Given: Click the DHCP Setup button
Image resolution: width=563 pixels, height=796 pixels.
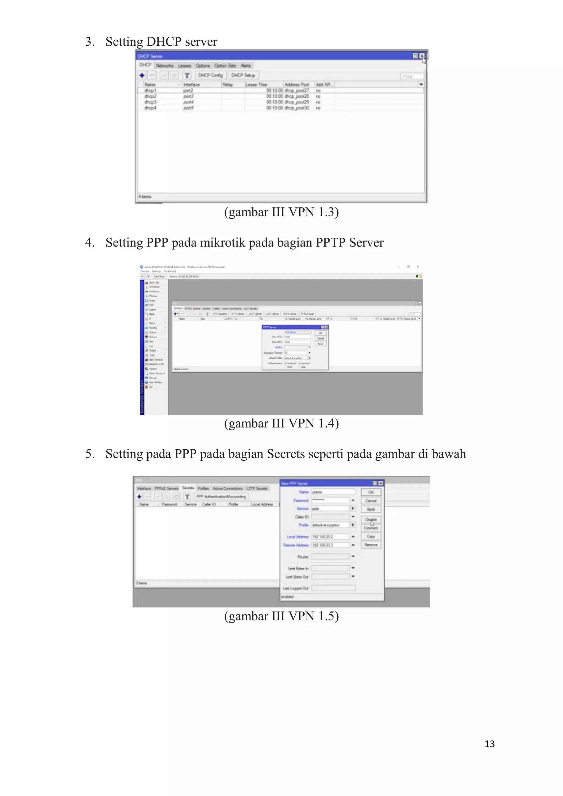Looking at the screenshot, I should pos(243,75).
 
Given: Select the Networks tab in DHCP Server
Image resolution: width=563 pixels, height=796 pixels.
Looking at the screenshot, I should pos(164,65).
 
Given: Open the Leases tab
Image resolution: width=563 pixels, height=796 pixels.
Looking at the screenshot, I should pos(184,65).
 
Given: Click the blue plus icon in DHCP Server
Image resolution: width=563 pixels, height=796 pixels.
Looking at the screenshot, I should pos(142,75).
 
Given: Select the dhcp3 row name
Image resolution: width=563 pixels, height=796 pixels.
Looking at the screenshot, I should pos(150,102).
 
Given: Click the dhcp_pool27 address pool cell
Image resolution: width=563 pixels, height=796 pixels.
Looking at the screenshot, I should pos(296,90).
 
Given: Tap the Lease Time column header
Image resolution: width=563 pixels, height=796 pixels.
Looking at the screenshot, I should pos(256,85).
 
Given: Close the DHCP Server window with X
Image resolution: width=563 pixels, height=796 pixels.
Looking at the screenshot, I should pos(421,56).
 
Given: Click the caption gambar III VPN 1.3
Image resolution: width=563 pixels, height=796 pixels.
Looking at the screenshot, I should pos(281,212).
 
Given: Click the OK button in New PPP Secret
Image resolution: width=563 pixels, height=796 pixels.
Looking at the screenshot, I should pos(371,492).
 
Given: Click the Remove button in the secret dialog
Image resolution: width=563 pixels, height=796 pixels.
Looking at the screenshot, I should pos(371,545).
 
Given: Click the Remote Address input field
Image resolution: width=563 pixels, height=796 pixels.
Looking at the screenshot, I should pos(330,545).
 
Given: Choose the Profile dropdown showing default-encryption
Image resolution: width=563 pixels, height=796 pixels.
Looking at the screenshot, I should pos(330,525).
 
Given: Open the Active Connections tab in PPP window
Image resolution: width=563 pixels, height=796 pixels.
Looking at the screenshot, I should pos(227,488).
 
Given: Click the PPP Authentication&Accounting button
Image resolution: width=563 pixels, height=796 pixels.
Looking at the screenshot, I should pos(221,496).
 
